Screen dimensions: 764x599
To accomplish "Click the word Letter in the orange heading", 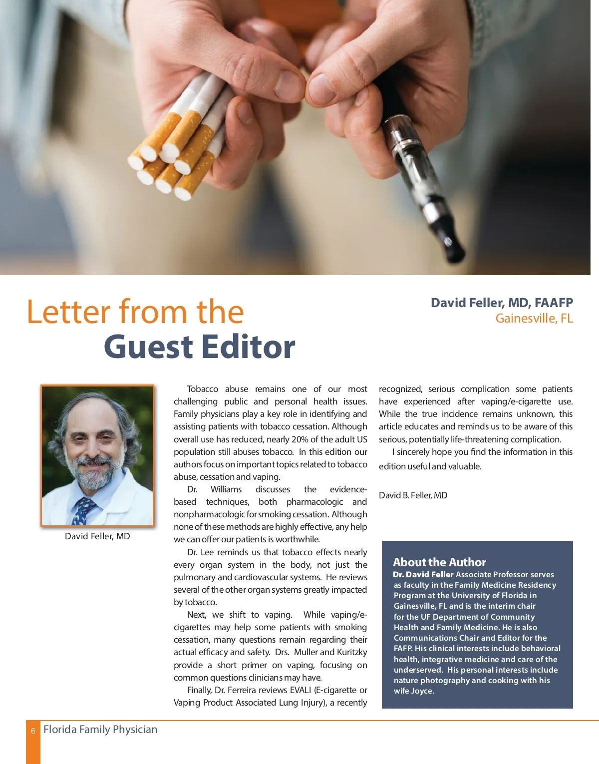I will coord(68,312).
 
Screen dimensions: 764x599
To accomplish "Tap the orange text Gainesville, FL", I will coord(534,319).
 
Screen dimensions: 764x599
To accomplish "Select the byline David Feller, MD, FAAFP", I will coord(501,303).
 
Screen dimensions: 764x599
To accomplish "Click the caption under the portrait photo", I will coord(97,536).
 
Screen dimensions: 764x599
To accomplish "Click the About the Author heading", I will coord(439,562).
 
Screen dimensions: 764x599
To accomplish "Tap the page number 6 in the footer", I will coord(33,731).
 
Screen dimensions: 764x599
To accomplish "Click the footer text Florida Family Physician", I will coord(100,730).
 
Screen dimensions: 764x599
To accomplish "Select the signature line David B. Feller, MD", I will coord(413,495).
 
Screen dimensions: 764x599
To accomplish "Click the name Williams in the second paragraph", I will coord(226,489).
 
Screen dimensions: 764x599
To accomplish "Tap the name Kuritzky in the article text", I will coord(352,652).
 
